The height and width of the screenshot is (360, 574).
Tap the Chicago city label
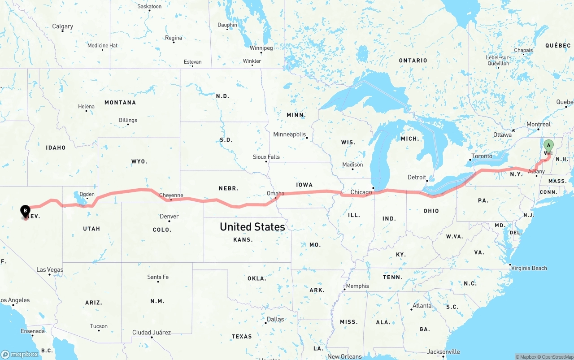pyautogui.click(x=361, y=192)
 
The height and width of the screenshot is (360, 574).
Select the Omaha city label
pyautogui.click(x=275, y=194)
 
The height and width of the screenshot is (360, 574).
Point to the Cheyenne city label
pyautogui.click(x=171, y=195)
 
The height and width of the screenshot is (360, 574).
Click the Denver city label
pyautogui.click(x=169, y=217)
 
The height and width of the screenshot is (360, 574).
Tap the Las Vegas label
pyautogui.click(x=50, y=270)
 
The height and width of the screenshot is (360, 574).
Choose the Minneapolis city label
pyautogui.click(x=289, y=134)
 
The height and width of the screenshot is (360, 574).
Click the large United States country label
pyautogui.click(x=252, y=227)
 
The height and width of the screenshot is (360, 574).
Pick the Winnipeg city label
pyautogui.click(x=261, y=48)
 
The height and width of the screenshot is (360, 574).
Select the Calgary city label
pyautogui.click(x=62, y=26)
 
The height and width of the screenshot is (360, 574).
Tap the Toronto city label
pyautogui.click(x=482, y=156)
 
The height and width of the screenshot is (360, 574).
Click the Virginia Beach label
pyautogui.click(x=529, y=268)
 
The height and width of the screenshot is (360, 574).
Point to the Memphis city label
pyautogui.click(x=357, y=286)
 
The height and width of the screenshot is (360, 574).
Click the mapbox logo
pyautogui.click(x=20, y=354)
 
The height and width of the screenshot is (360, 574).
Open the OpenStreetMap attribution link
pyautogui.click(x=556, y=357)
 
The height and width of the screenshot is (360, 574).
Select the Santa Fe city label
pyautogui.click(x=158, y=277)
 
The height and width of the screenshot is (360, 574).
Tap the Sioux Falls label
pyautogui.click(x=266, y=157)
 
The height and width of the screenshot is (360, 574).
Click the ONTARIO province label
pyautogui.click(x=413, y=61)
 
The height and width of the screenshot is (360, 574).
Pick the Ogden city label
pyautogui.click(x=87, y=194)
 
